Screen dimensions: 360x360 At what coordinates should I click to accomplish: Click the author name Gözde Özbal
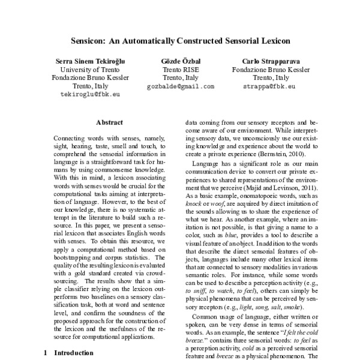tap(180, 61)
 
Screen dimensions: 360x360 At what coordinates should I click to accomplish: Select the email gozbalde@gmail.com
tap(180, 86)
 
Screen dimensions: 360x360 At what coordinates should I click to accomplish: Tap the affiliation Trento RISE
tap(180, 70)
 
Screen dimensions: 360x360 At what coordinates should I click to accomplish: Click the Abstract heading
tap(109, 122)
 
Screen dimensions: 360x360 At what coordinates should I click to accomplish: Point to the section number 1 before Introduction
tap(46, 353)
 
